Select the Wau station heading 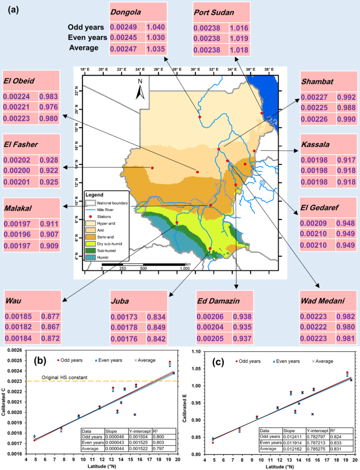click(14, 302)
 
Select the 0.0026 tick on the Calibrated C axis click(16, 350)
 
